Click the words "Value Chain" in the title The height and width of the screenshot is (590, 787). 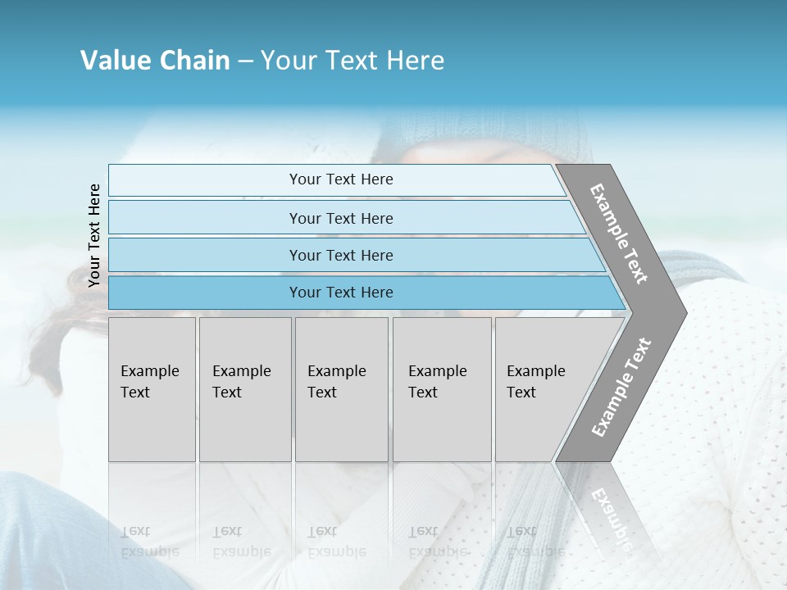tap(155, 61)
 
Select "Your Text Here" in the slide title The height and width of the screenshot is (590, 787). tap(353, 61)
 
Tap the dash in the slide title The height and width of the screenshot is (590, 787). tap(245, 61)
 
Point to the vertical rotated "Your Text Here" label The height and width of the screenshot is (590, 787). tap(94, 235)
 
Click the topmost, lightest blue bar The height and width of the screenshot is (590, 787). tap(340, 179)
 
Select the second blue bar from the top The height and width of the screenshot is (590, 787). tap(340, 218)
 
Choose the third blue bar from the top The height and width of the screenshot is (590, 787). tap(340, 255)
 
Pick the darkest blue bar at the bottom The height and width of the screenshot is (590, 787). tap(340, 293)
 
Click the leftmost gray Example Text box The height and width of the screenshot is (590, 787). tap(152, 389)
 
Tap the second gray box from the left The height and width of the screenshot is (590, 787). tap(244, 389)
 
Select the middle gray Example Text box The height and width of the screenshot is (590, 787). tap(341, 389)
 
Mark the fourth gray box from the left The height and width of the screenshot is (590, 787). tap(441, 389)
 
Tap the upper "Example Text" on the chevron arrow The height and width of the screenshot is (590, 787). tap(619, 234)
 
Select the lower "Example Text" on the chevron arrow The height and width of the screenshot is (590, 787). tap(621, 387)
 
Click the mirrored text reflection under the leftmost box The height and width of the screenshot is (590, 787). tap(149, 542)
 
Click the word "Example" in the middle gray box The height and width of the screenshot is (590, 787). tap(336, 371)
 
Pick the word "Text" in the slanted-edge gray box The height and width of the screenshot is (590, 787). tap(521, 393)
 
